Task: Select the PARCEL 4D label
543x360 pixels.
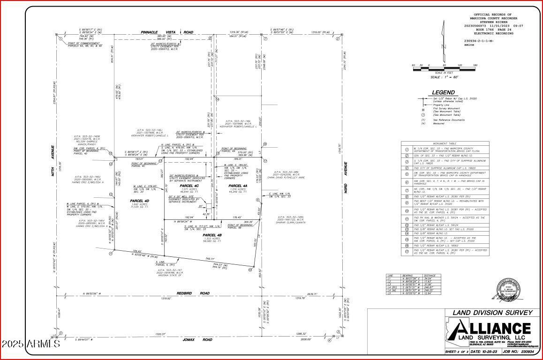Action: pos(139,201)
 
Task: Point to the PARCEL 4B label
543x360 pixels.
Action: pos(211,235)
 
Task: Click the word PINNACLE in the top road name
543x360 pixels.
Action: pos(150,32)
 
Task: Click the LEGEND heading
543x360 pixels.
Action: pos(443,92)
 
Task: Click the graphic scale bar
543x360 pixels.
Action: pos(444,69)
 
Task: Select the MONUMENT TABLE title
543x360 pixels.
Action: pos(445,143)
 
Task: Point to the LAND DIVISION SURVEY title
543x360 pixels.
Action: pos(492,313)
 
